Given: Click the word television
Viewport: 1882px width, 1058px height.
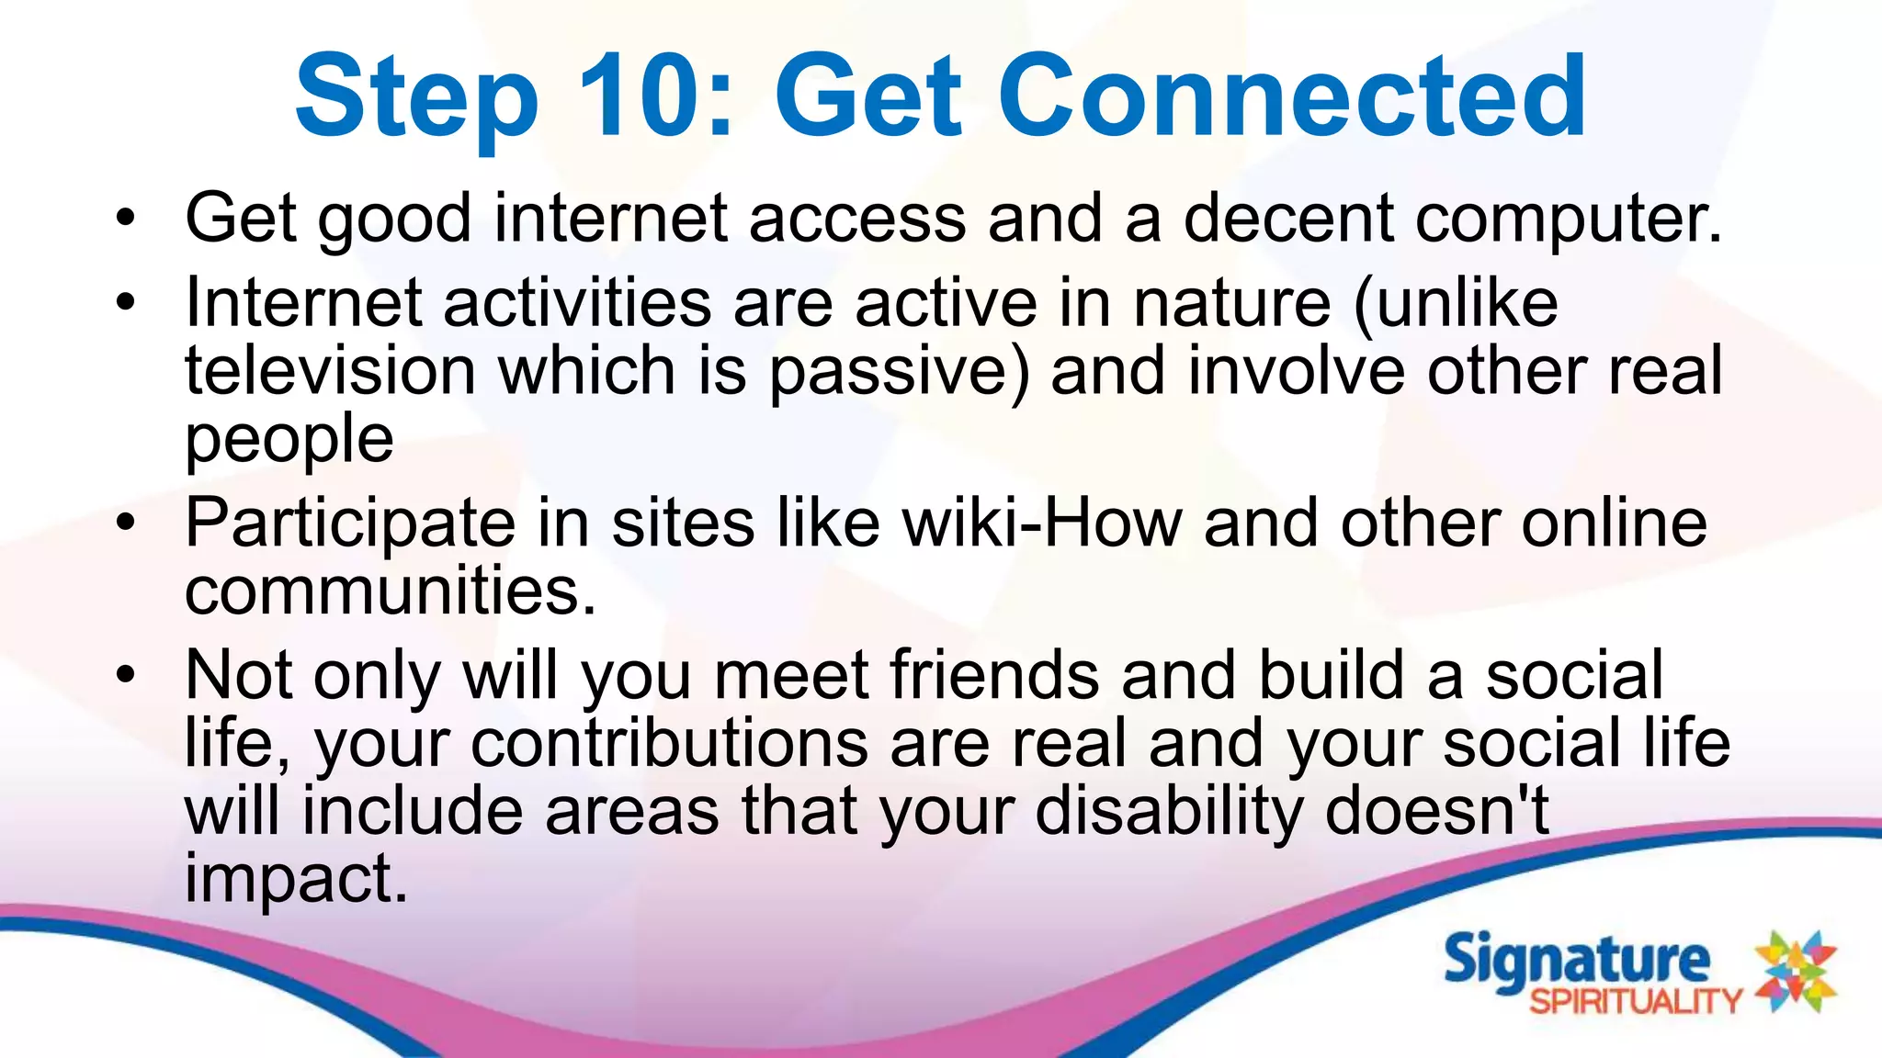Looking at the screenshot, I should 330,371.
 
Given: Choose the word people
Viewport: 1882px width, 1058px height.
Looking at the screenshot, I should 289,440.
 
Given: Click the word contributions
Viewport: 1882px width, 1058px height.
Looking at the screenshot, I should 669,743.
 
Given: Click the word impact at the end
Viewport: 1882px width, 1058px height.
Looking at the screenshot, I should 295,879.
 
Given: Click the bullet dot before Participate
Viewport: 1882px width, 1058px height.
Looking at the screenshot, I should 126,523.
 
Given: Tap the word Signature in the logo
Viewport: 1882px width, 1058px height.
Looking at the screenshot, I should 1576,961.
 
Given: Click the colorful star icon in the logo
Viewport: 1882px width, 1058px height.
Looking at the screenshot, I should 1795,971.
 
